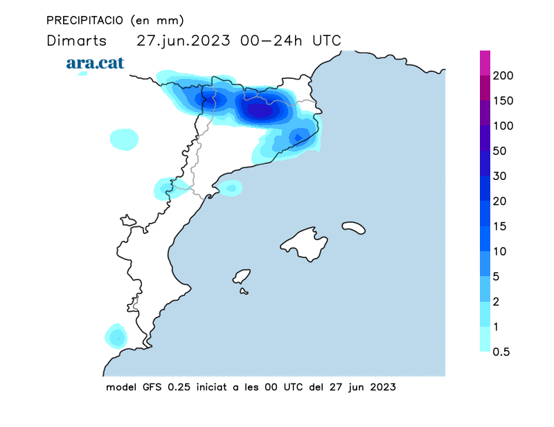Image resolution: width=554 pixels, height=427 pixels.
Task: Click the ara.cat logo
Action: pos(95,63)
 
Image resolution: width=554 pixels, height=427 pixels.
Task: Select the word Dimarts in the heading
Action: pos(75,40)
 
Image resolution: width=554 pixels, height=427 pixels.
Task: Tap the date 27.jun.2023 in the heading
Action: pos(184,40)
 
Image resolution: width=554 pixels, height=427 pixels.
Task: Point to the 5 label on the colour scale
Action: pos(497,276)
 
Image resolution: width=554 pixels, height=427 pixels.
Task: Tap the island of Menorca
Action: pos(353,227)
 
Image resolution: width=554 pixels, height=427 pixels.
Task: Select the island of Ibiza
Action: pos(242,277)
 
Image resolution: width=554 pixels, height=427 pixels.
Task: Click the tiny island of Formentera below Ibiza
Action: pos(244,291)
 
